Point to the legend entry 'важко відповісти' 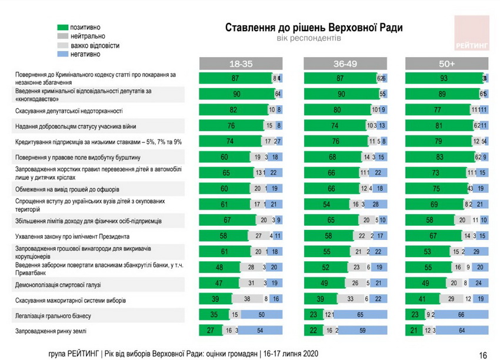[88, 45]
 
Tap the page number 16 [483, 355]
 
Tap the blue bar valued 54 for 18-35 [259, 331]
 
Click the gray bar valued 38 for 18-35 [248, 299]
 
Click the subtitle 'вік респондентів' [309, 38]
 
